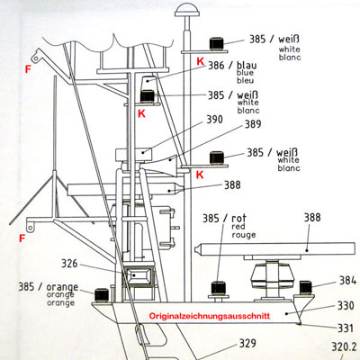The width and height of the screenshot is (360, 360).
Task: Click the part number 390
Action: point(214,120)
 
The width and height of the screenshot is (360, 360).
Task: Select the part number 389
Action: point(253,124)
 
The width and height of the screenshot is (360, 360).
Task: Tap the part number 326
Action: point(69,264)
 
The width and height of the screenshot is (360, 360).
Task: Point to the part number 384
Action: point(347,280)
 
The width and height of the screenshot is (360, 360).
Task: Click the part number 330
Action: point(346,305)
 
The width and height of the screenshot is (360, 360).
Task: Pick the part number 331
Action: point(346,328)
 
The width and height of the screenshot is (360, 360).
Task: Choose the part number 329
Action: point(247,343)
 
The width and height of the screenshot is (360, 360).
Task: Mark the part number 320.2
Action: point(344,346)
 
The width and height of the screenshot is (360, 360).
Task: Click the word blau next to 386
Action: point(247,65)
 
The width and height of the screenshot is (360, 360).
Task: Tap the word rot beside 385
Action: point(238,218)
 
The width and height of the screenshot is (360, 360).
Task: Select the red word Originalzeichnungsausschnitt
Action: point(210,316)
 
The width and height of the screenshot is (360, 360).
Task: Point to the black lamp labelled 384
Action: point(306,287)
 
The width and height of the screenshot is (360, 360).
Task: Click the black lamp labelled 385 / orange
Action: point(102,294)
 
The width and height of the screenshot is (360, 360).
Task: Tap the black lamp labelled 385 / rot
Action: point(219,288)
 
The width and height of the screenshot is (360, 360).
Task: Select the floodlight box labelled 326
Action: point(139,275)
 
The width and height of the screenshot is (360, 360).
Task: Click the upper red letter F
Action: point(28,69)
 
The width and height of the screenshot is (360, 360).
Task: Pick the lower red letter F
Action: point(22,238)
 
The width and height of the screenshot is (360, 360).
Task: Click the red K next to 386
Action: point(201,61)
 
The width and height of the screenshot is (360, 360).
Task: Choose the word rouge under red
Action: point(244,235)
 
